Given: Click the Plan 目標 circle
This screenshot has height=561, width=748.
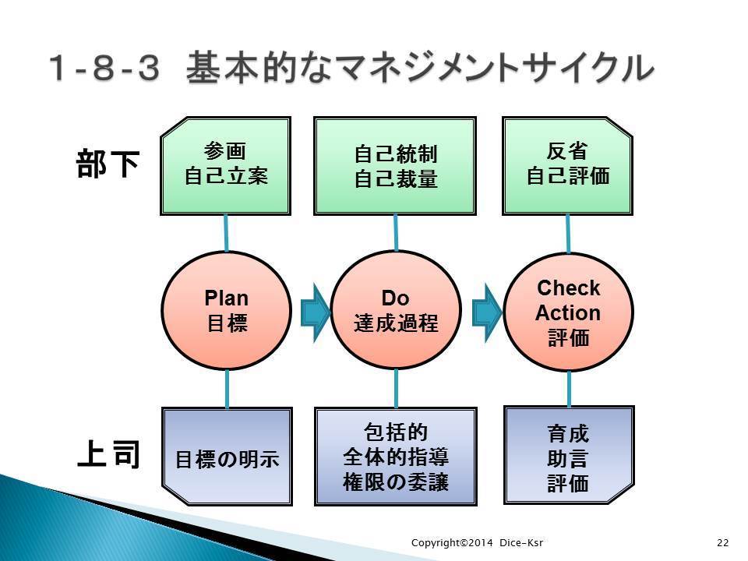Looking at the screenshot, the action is coord(226,311).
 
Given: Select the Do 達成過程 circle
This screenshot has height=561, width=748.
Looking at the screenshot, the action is coord(396,310).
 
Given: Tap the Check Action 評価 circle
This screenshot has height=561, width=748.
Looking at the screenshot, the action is coord(568,312).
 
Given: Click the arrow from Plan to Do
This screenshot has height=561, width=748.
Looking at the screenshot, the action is coord(316,312).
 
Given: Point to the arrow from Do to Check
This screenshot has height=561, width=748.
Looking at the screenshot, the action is coord(487,312).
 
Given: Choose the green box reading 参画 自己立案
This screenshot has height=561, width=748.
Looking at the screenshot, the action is coord(226,166).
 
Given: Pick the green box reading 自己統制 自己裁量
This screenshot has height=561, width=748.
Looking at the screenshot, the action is coord(395,166).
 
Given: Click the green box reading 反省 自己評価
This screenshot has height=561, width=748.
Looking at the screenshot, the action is coord(568,166).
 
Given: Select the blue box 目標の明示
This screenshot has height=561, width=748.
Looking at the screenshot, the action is coord(227,457).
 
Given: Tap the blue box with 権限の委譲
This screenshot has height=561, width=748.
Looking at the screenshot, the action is coord(396,457).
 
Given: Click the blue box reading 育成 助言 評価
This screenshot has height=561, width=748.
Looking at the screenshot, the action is coord(569,455).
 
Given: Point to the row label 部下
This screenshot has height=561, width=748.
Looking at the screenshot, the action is coord(108,164).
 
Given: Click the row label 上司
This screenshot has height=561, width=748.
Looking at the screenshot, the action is coord(109,453).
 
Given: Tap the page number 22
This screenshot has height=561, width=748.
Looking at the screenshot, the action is coord(723,542).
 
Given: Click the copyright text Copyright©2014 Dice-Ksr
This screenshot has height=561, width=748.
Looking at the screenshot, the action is coord(477,542).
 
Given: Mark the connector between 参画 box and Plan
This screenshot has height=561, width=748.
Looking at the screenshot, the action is coord(226,233).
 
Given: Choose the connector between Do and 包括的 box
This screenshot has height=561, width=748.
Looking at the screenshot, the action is coord(396,388).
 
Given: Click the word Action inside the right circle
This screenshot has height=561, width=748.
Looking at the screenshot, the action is coord(568,313).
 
